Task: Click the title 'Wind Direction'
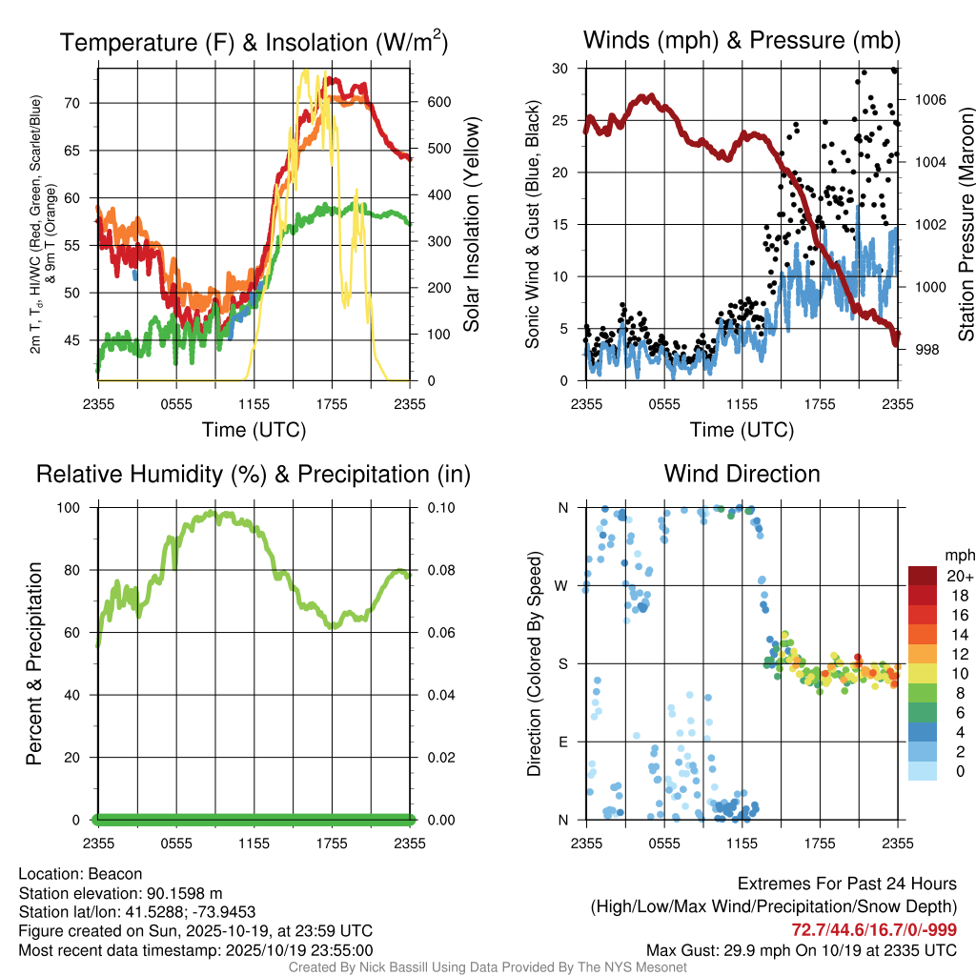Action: pos(742,474)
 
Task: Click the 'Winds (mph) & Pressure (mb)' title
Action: pos(742,41)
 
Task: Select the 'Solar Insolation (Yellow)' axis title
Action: pos(470,225)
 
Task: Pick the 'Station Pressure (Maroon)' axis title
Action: pos(965,225)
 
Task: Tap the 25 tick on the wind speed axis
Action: pos(561,121)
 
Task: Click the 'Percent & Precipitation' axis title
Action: pos(33,663)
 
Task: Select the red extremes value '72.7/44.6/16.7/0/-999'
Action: pos(874,930)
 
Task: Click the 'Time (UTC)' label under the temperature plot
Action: pos(254,430)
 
